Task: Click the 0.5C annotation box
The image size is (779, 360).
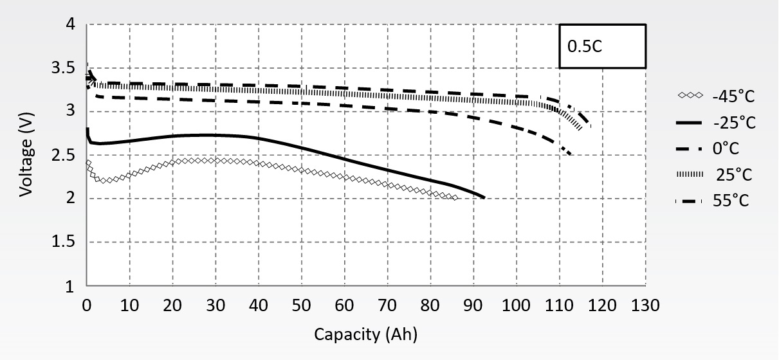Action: [x=601, y=46]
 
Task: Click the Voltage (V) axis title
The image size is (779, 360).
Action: [x=26, y=155]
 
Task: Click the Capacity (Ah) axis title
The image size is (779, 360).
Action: [x=365, y=334]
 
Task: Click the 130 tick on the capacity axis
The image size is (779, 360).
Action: [x=645, y=305]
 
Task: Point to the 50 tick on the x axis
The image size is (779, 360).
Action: [x=302, y=305]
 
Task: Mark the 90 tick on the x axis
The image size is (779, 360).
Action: [x=473, y=305]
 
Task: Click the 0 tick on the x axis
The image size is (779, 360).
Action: [x=87, y=305]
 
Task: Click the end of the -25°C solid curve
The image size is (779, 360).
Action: [x=484, y=198]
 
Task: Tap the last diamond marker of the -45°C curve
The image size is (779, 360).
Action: [x=455, y=198]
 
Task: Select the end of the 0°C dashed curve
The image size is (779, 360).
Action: [x=570, y=154]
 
